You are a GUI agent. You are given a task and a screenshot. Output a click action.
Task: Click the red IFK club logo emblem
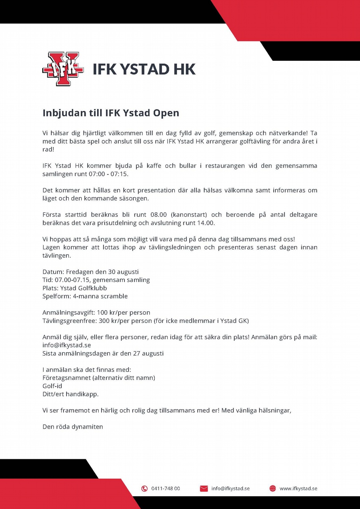click(63, 69)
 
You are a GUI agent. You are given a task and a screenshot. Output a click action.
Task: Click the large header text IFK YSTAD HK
click(144, 69)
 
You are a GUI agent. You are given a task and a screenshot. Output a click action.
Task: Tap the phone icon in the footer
click(144, 488)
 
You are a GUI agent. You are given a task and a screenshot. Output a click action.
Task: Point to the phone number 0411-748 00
click(165, 488)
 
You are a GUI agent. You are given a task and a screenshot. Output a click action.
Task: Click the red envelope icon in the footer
click(204, 488)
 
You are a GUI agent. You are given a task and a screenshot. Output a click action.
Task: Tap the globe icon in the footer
click(272, 488)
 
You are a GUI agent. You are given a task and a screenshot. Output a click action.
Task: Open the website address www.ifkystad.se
click(298, 488)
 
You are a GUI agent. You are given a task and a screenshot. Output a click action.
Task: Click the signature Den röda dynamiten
click(73, 427)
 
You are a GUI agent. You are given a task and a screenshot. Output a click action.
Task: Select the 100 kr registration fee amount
click(112, 313)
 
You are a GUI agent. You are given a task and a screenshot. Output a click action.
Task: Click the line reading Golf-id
click(52, 386)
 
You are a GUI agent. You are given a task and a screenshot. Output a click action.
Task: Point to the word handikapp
click(84, 394)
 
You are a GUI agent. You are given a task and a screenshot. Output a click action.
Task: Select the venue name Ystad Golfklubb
click(83, 288)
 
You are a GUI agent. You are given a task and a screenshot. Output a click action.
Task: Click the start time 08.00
click(153, 215)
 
